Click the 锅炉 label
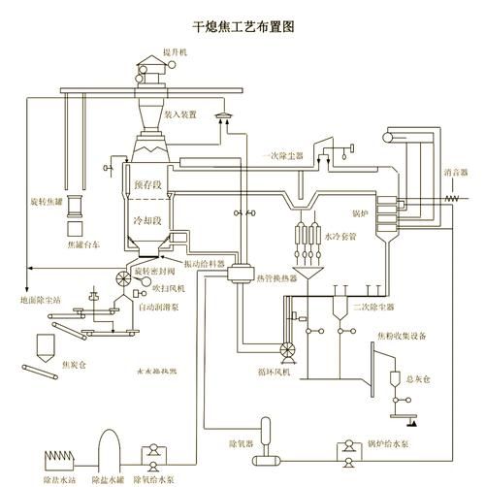pos(360,210)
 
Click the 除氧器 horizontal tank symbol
pos(264,458)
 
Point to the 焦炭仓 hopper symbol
pos(45,346)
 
